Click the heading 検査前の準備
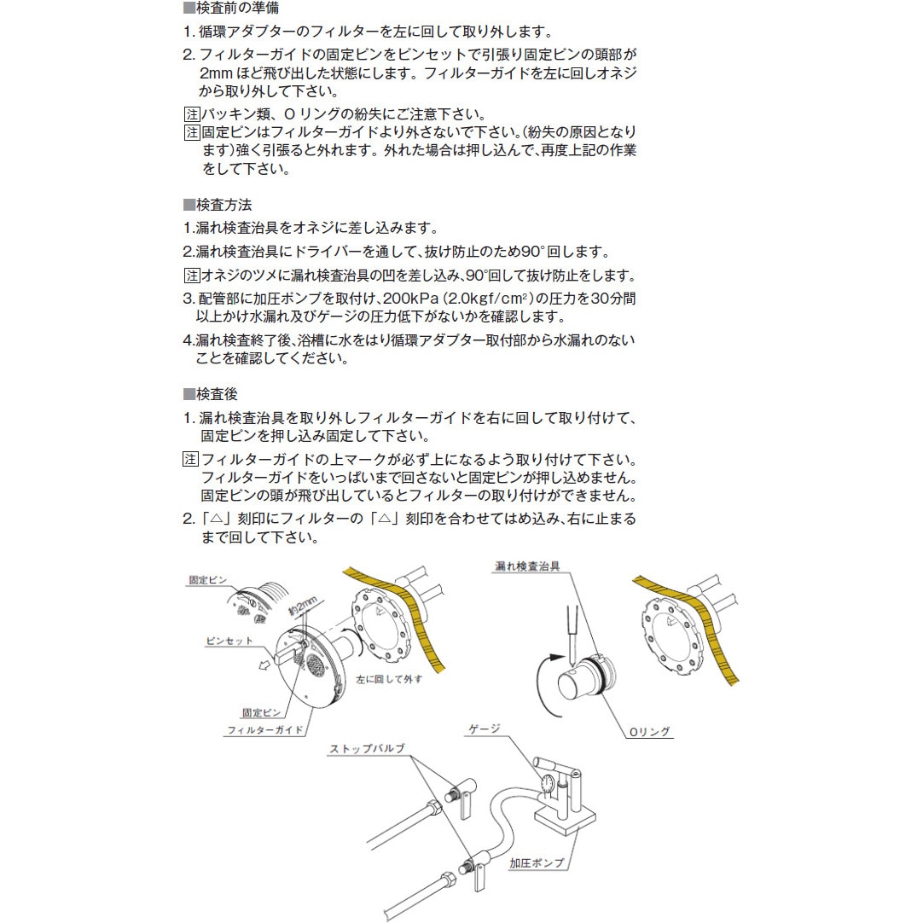pyautogui.click(x=237, y=8)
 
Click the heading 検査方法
pyautogui.click(x=223, y=205)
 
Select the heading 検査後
pyautogui.click(x=217, y=394)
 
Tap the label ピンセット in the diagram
pyautogui.click(x=229, y=641)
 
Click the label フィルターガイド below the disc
pyautogui.click(x=265, y=730)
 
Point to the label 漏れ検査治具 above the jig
pyautogui.click(x=527, y=566)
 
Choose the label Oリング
pyautogui.click(x=650, y=732)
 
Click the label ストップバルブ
pyautogui.click(x=368, y=748)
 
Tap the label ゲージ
pyautogui.click(x=484, y=729)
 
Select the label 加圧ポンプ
pyautogui.click(x=537, y=863)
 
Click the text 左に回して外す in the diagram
pyautogui.click(x=389, y=679)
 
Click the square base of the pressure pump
pyautogui.click(x=565, y=819)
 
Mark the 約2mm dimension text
pyautogui.click(x=303, y=606)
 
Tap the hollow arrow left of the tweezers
pyautogui.click(x=265, y=665)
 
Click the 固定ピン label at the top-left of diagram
pyautogui.click(x=207, y=580)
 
